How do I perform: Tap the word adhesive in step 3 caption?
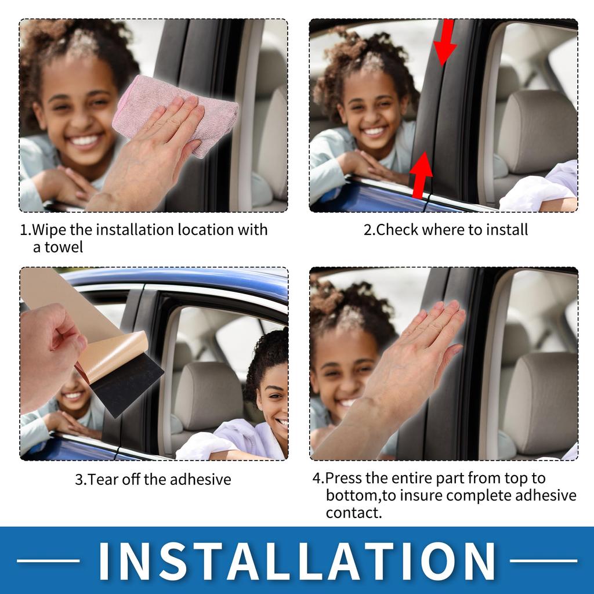click(x=201, y=480)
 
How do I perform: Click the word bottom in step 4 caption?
click(x=350, y=496)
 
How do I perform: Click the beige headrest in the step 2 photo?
click(x=537, y=131)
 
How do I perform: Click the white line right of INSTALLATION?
click(x=544, y=560)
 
